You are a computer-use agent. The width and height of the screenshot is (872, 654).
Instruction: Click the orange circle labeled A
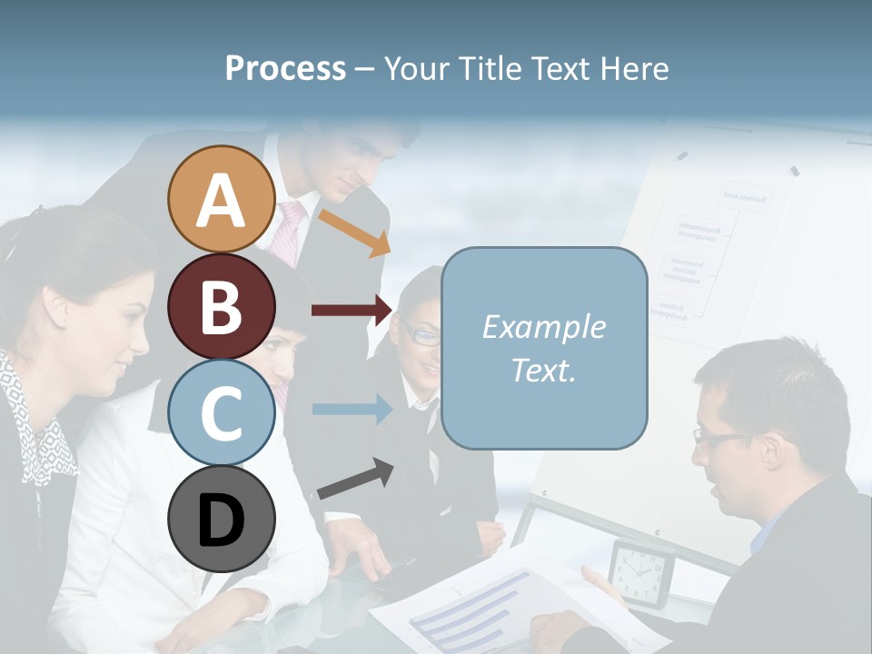222,200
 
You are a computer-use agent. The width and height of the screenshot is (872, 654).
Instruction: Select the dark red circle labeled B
222,306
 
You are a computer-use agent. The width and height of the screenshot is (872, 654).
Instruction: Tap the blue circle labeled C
222,413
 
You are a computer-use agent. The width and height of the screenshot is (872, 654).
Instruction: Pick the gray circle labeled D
222,519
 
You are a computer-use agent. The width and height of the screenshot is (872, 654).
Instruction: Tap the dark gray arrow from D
355,479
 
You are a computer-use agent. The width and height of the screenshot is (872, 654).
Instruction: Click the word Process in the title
285,68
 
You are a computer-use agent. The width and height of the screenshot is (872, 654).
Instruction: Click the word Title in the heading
490,68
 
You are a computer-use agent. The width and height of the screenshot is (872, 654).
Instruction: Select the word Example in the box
543,327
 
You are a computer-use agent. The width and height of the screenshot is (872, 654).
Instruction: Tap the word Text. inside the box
543,371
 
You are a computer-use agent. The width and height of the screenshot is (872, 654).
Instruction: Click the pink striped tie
290,232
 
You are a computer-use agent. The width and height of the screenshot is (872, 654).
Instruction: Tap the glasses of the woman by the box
421,334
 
